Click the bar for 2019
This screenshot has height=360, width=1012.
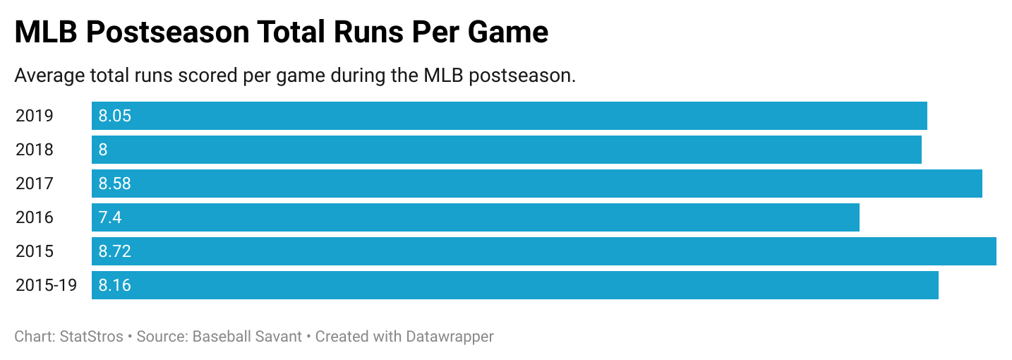click(509, 116)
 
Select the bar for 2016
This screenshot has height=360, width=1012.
click(475, 217)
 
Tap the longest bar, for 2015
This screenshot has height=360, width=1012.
click(543, 251)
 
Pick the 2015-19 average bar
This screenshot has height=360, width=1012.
click(514, 285)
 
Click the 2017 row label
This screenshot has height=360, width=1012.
click(35, 184)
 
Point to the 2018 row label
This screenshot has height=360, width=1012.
click(35, 150)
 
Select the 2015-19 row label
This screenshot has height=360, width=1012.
click(47, 285)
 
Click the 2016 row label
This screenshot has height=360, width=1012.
click(35, 217)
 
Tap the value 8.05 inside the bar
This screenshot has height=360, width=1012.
click(115, 116)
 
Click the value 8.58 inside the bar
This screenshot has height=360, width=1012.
click(115, 184)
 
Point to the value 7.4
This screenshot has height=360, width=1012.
click(110, 217)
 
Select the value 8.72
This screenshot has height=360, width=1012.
click(115, 251)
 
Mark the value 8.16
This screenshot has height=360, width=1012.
click(115, 285)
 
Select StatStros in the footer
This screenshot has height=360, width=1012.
click(88, 336)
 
